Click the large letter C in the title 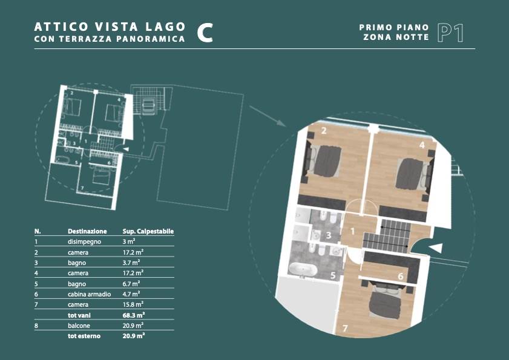[x=205, y=33]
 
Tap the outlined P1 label [x=450, y=33]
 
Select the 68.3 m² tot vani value [x=133, y=315]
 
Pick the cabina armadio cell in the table [x=89, y=294]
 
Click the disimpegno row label [x=84, y=242]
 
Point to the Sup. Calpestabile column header [x=148, y=232]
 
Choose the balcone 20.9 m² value [x=133, y=326]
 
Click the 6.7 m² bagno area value [x=131, y=284]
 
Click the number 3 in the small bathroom [x=329, y=235]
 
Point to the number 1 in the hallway [x=352, y=232]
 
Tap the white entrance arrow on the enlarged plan [x=436, y=247]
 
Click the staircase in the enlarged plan [x=386, y=236]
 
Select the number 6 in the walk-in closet [x=401, y=276]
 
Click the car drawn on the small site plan [x=148, y=105]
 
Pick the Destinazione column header [x=87, y=232]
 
